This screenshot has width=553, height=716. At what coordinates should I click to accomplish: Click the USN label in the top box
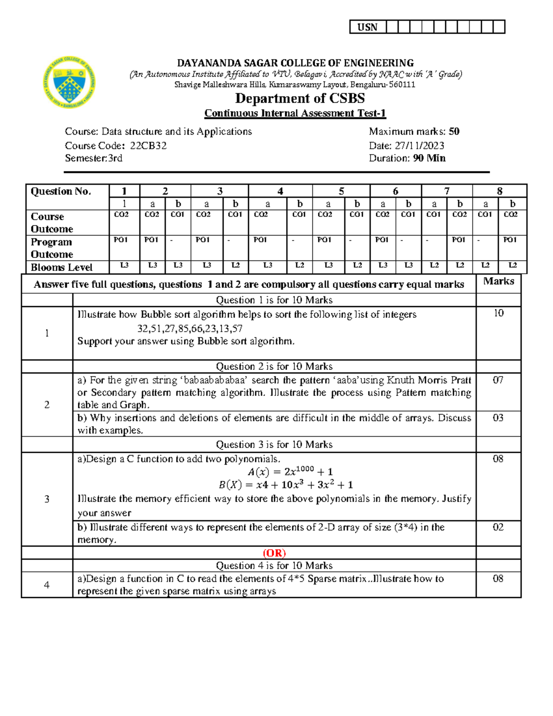[x=367, y=27]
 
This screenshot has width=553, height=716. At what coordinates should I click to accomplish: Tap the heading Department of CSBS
[x=300, y=98]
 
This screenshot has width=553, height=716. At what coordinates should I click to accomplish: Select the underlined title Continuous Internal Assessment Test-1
[x=295, y=113]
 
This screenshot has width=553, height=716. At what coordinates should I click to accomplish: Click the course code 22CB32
[x=148, y=146]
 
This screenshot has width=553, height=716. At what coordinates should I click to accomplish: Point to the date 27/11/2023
[x=419, y=146]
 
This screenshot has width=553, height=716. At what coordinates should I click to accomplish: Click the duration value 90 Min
[x=429, y=158]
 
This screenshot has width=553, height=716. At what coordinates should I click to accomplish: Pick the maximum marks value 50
[x=454, y=131]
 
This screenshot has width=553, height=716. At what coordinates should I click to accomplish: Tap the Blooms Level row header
[x=61, y=267]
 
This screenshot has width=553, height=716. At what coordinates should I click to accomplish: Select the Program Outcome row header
[x=52, y=248]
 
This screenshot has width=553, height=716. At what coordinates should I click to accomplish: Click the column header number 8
[x=500, y=191]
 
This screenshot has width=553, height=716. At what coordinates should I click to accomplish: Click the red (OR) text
[x=274, y=553]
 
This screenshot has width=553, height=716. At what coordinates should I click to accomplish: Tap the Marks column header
[x=499, y=281]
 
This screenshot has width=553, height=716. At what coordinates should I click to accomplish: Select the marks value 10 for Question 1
[x=499, y=313]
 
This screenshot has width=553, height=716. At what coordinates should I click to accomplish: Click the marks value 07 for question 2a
[x=498, y=380]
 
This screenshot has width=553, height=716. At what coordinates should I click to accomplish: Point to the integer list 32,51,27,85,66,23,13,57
[x=190, y=328]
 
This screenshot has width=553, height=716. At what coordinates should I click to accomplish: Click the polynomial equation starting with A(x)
[x=290, y=471]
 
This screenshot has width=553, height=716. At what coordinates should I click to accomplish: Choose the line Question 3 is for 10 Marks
[x=274, y=444]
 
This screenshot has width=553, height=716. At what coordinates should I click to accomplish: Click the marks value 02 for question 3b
[x=498, y=527]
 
